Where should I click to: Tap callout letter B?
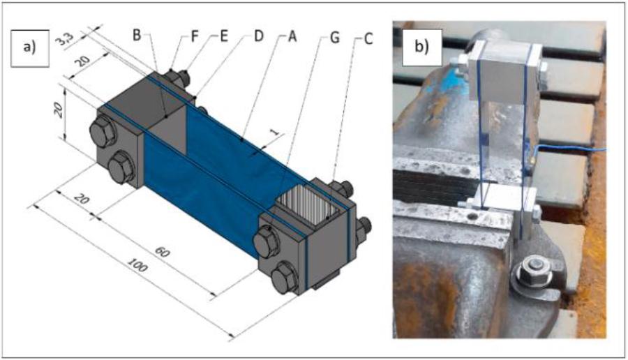coord(137,34)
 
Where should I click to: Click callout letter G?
coord(334,37)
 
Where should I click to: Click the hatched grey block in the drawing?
coord(302,204)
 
